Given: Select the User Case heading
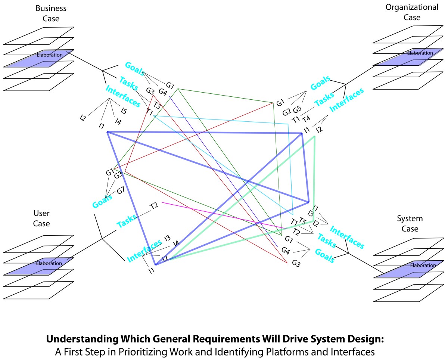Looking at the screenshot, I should pyautogui.click(x=41, y=218).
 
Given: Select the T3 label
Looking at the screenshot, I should pyautogui.click(x=156, y=106).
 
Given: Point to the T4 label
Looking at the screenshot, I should pyautogui.click(x=306, y=119).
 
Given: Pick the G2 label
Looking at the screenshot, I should pyautogui.click(x=286, y=112).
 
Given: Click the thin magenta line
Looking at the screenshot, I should pyautogui.click(x=224, y=215).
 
